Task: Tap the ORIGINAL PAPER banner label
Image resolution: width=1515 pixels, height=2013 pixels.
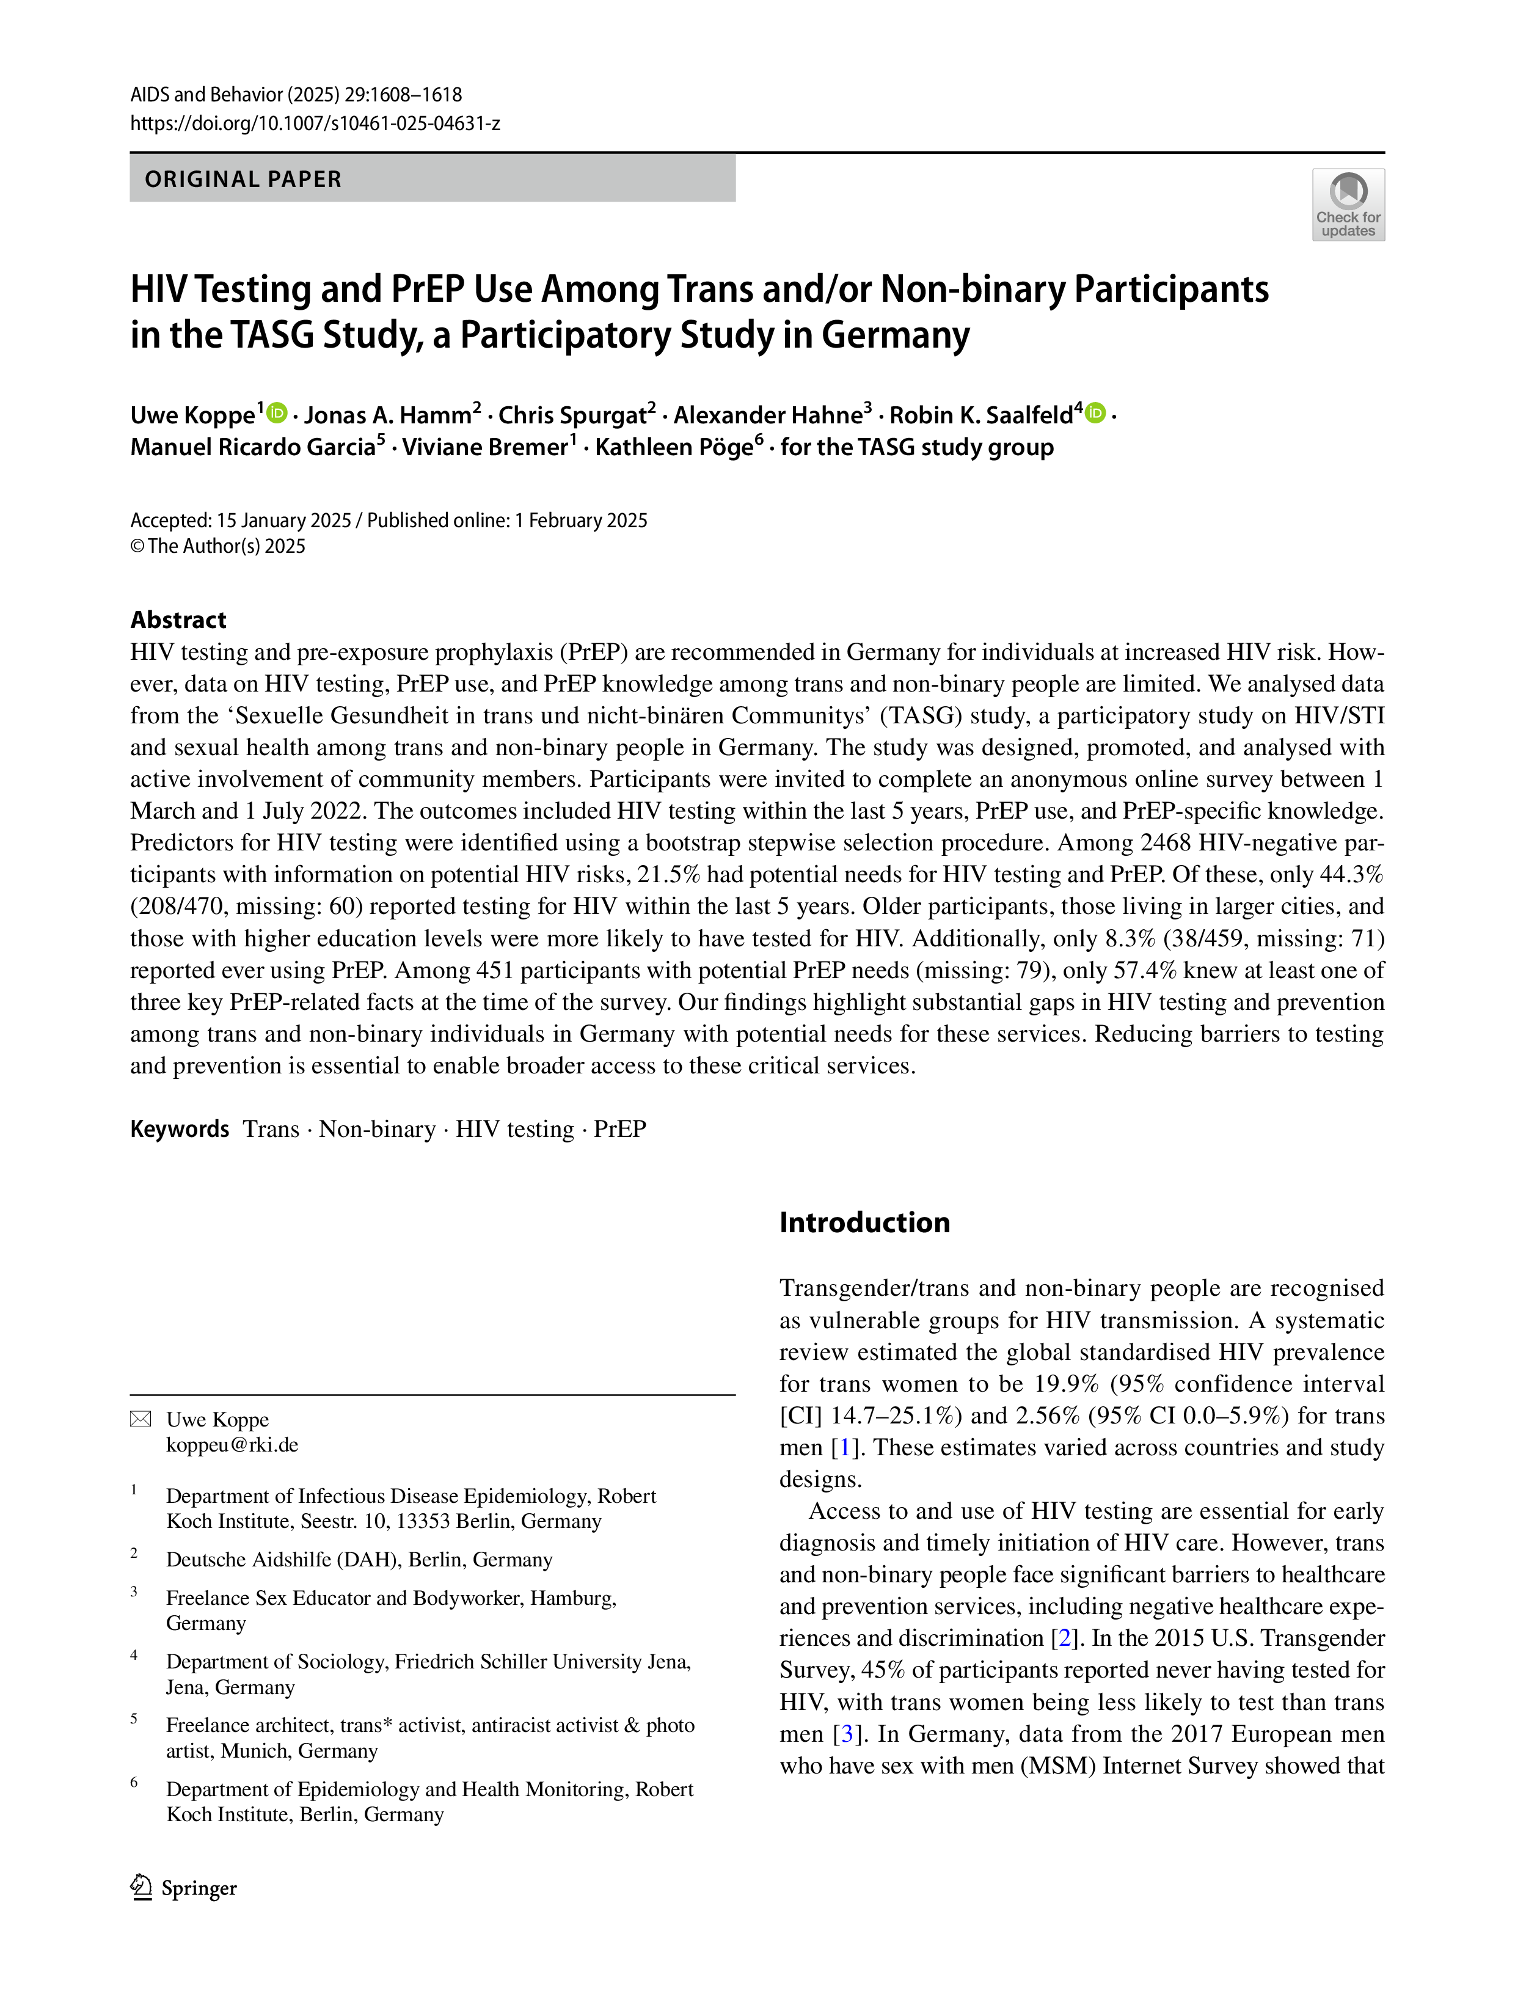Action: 243,179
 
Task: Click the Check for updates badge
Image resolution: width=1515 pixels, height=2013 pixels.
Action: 1348,205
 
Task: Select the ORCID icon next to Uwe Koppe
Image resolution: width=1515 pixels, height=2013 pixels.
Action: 277,413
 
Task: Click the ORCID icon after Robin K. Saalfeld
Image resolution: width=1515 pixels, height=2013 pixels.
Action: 1095,413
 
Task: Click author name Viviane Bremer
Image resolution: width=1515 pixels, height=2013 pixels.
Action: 485,447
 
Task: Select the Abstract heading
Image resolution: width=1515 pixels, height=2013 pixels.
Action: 178,619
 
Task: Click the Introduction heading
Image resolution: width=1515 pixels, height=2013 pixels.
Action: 864,1222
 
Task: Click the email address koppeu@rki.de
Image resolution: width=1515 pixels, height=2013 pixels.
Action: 232,1445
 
